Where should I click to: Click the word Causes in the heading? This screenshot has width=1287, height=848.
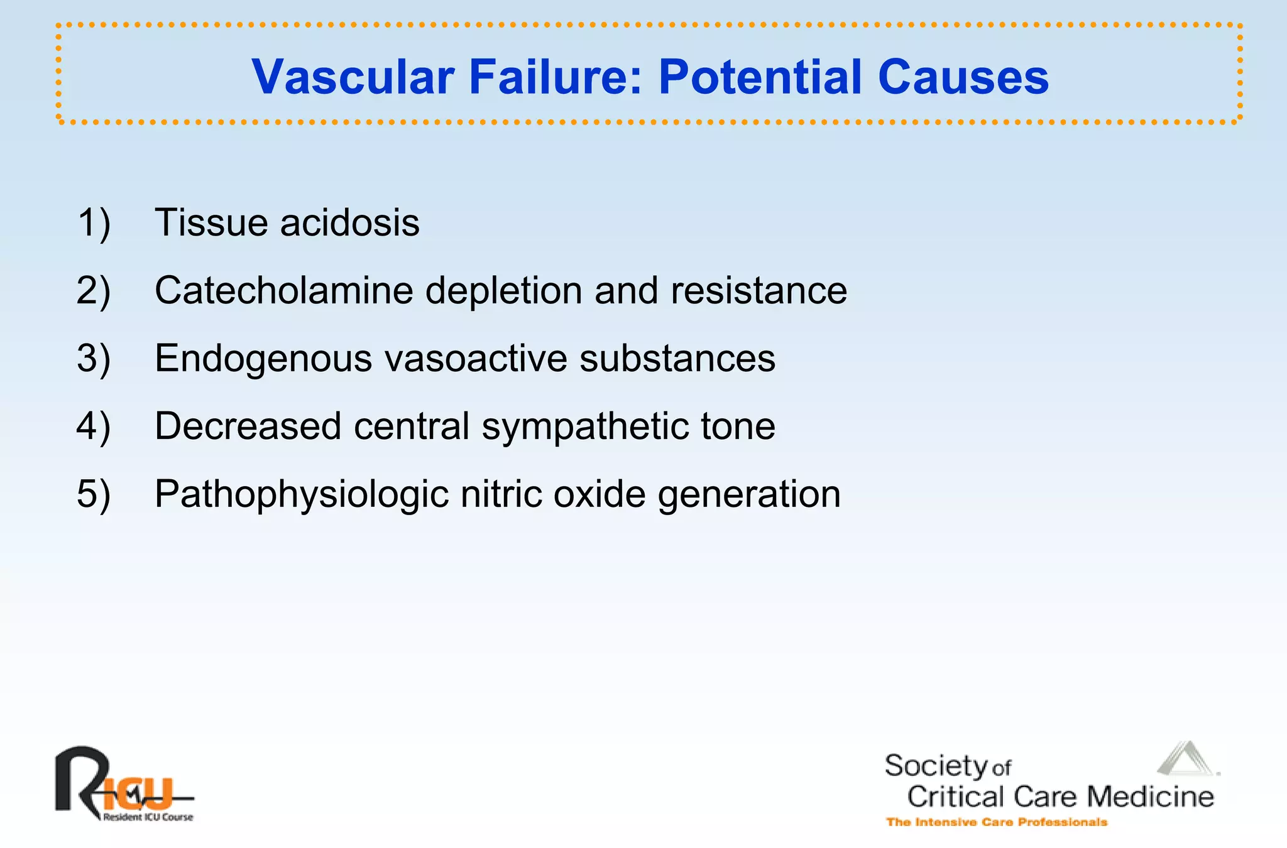963,77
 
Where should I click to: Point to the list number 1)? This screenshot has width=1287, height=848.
94,223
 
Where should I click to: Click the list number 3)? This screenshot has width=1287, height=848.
94,359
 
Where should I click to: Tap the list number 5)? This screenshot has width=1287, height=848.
94,494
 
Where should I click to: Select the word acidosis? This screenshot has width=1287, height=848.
349,223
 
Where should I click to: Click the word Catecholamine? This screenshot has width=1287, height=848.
284,291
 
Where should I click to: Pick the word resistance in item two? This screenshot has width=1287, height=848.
759,291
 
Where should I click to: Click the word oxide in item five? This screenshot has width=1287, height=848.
599,494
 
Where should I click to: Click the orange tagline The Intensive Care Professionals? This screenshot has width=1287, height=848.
996,822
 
